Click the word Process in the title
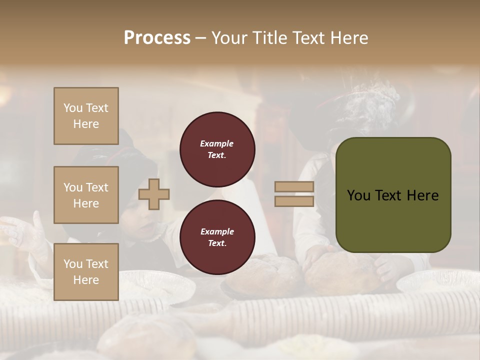point(157,37)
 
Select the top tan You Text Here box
point(86,116)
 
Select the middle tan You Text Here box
point(86,195)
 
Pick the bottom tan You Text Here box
point(86,272)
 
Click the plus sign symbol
point(154,194)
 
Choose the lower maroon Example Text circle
point(217,237)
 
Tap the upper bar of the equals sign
point(294,187)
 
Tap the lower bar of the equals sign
point(294,201)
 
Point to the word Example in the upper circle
point(216,143)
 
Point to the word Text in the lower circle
point(216,243)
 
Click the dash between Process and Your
point(201,38)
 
